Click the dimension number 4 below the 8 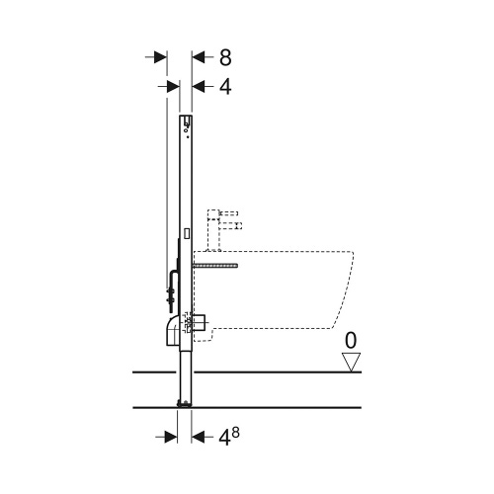[x=224, y=87]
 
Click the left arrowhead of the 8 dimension [x=158, y=57]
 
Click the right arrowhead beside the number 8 [x=198, y=57]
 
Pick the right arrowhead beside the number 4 [x=198, y=87]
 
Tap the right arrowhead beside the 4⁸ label [x=198, y=433]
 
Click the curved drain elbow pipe [x=172, y=331]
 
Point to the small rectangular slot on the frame [x=187, y=234]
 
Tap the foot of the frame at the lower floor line [x=184, y=403]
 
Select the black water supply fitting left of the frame [x=169, y=288]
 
